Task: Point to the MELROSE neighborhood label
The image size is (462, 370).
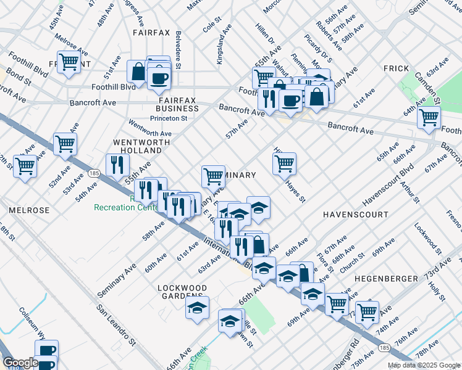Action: pyautogui.click(x=29, y=210)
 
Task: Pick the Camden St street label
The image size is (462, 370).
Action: pyautogui.click(x=427, y=89)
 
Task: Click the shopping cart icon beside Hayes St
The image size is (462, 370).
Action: pyautogui.click(x=284, y=164)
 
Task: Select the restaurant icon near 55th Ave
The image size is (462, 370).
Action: pyautogui.click(x=116, y=165)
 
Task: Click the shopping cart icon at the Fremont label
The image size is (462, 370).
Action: pyautogui.click(x=69, y=62)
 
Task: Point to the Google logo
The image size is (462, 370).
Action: pyautogui.click(x=20, y=363)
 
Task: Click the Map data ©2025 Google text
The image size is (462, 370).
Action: pyautogui.click(x=423, y=365)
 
